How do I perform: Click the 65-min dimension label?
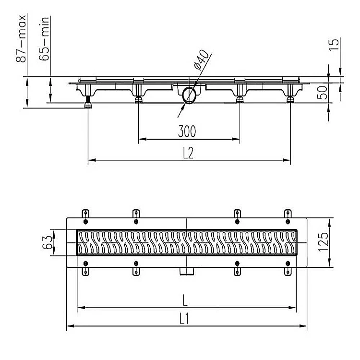[x=44, y=38]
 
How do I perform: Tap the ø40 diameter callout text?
[x=201, y=60]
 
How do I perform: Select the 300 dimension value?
[x=187, y=132]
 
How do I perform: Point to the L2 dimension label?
[x=188, y=153]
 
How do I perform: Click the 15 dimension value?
[x=334, y=45]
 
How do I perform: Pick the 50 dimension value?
[x=322, y=93]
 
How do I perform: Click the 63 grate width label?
[x=47, y=242]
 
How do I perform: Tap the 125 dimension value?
[x=323, y=242]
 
